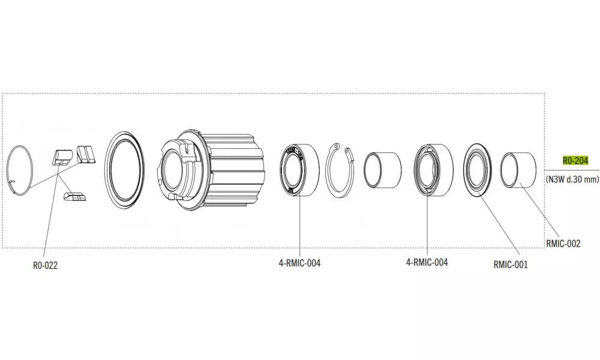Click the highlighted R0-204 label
click(575, 161)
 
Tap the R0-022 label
click(45, 266)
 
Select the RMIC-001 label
click(511, 265)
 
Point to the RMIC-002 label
click(563, 244)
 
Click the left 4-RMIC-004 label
click(299, 263)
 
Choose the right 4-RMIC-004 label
click(427, 262)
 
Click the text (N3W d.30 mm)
click(572, 179)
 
